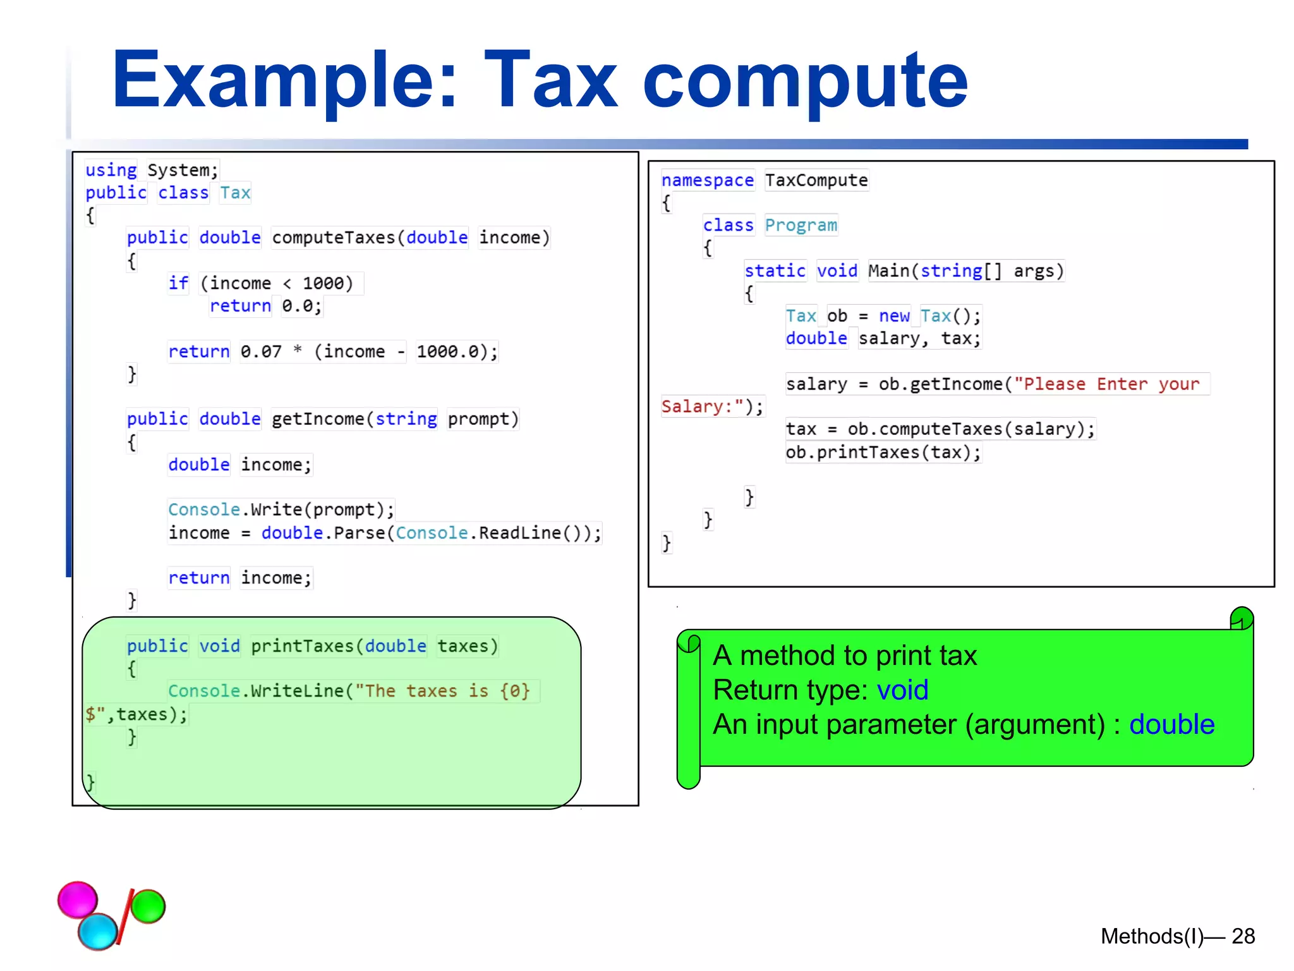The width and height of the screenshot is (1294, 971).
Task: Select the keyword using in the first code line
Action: (111, 170)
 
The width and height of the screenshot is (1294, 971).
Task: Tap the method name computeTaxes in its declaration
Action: (334, 238)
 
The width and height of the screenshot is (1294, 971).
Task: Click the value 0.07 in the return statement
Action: (261, 351)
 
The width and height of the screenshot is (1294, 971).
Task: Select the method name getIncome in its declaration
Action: (318, 419)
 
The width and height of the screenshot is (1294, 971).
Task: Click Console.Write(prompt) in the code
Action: (281, 510)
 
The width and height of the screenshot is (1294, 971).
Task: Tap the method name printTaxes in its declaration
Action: (303, 646)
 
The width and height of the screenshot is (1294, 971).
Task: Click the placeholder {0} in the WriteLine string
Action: (515, 691)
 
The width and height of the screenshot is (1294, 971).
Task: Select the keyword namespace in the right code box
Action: (708, 181)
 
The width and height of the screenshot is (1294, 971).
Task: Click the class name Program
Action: (801, 226)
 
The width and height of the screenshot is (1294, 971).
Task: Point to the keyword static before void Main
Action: (775, 271)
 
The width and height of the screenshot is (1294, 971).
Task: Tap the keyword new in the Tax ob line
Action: (894, 316)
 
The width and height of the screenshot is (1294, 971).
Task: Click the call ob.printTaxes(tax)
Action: (883, 453)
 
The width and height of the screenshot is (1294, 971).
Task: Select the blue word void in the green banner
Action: (902, 690)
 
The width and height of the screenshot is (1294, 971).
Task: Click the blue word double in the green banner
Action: (1171, 724)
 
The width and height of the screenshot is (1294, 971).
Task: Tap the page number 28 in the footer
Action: (1243, 936)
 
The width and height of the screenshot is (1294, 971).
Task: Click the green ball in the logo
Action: (148, 906)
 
